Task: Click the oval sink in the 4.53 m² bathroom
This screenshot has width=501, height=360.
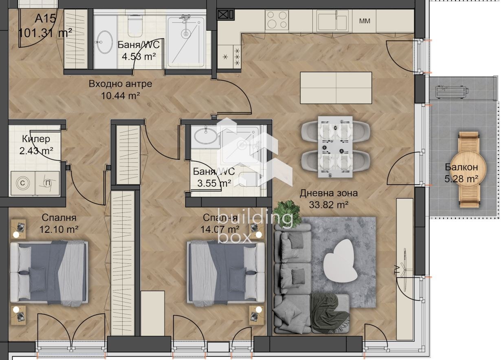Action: pyautogui.click(x=105, y=41)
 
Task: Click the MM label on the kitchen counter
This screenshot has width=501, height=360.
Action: pyautogui.click(x=365, y=21)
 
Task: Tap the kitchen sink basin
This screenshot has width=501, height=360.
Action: pyautogui.click(x=329, y=21)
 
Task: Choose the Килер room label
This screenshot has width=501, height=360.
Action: pyautogui.click(x=37, y=139)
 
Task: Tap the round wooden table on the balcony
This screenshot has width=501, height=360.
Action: pyautogui.click(x=468, y=168)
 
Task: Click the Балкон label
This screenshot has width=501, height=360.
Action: pyautogui.click(x=461, y=167)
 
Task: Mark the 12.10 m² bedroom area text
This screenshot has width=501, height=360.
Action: pyautogui.click(x=59, y=230)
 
